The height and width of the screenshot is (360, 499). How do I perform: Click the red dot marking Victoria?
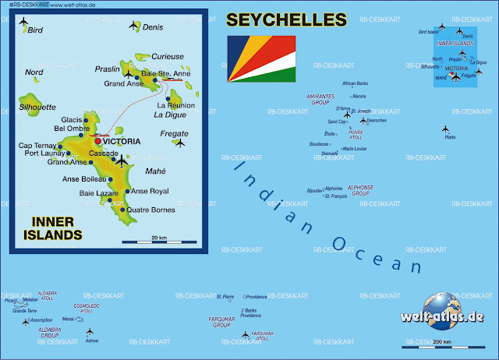tap(97, 141)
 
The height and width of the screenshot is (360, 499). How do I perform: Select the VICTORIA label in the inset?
tap(122, 142)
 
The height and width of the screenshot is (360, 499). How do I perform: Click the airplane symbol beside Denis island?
tap(133, 26)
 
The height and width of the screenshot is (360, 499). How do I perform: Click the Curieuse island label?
tap(168, 56)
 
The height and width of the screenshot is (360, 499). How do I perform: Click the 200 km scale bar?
tap(441, 345)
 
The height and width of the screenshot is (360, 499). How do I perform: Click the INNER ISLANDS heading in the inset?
tap(56, 228)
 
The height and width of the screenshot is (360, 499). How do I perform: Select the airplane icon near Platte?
tap(446, 129)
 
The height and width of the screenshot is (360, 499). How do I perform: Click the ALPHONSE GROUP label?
tap(360, 190)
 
